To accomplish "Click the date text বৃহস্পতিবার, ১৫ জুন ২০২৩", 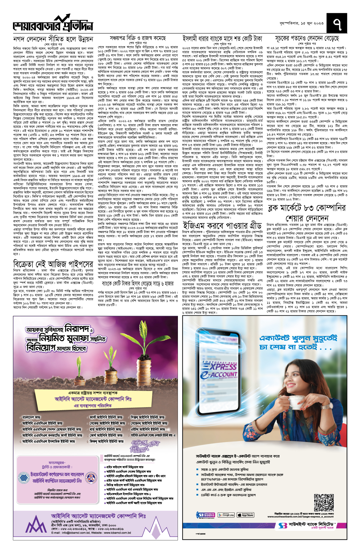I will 297,23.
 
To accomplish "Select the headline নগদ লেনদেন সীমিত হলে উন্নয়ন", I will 53,39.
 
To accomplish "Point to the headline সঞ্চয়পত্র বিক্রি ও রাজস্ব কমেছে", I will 138,38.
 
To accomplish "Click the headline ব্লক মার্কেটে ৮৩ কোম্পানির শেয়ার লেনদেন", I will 307,213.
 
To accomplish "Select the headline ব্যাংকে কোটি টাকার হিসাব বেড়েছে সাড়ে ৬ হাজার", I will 138,283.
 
